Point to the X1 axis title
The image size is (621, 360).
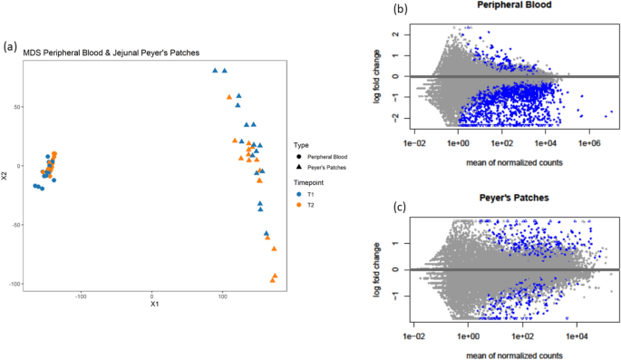[x=155, y=304]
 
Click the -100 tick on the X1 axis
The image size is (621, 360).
[x=82, y=295]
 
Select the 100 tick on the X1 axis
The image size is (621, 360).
[x=223, y=295]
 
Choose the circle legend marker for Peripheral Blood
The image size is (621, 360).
[x=299, y=157]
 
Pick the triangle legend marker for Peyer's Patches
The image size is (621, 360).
[x=299, y=168]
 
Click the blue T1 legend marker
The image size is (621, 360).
[x=299, y=193]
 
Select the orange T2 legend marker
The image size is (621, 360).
[x=299, y=205]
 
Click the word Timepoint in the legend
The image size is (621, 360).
[x=312, y=181]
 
